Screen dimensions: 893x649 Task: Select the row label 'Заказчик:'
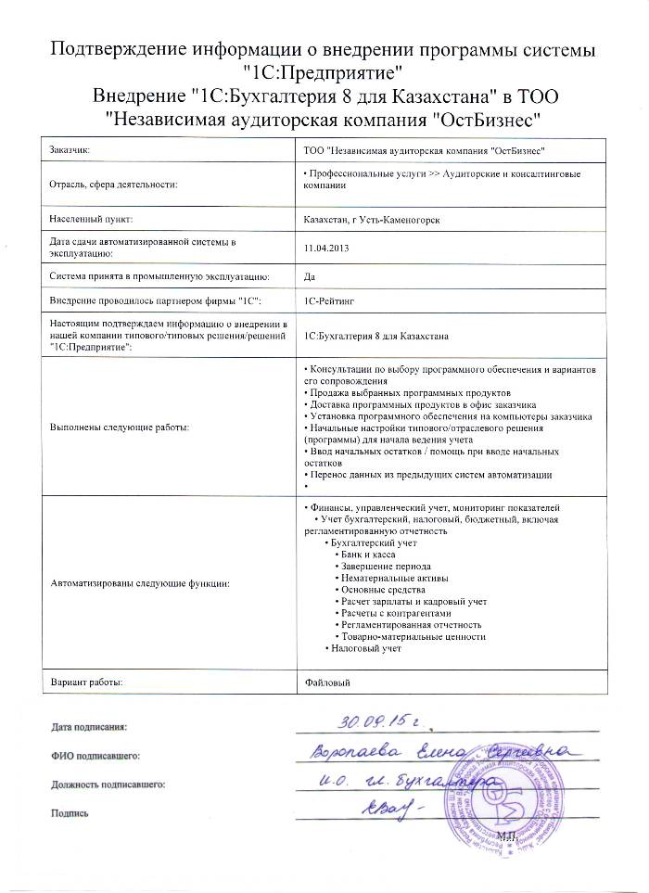tap(70, 149)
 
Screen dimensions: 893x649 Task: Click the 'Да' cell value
tap(310, 275)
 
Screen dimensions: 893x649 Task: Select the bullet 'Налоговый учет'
tap(366, 649)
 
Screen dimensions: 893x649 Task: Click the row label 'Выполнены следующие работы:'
tap(119, 427)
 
